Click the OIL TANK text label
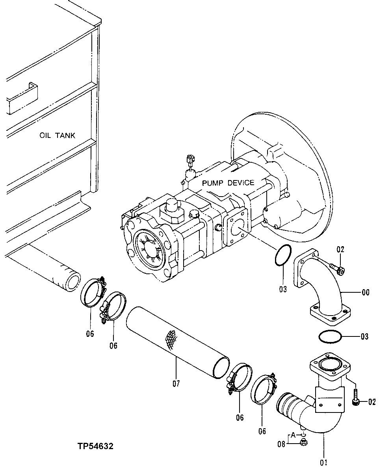(57, 136)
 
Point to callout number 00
(365, 292)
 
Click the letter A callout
(293, 435)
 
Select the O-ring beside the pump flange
(282, 256)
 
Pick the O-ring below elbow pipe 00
(329, 337)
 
